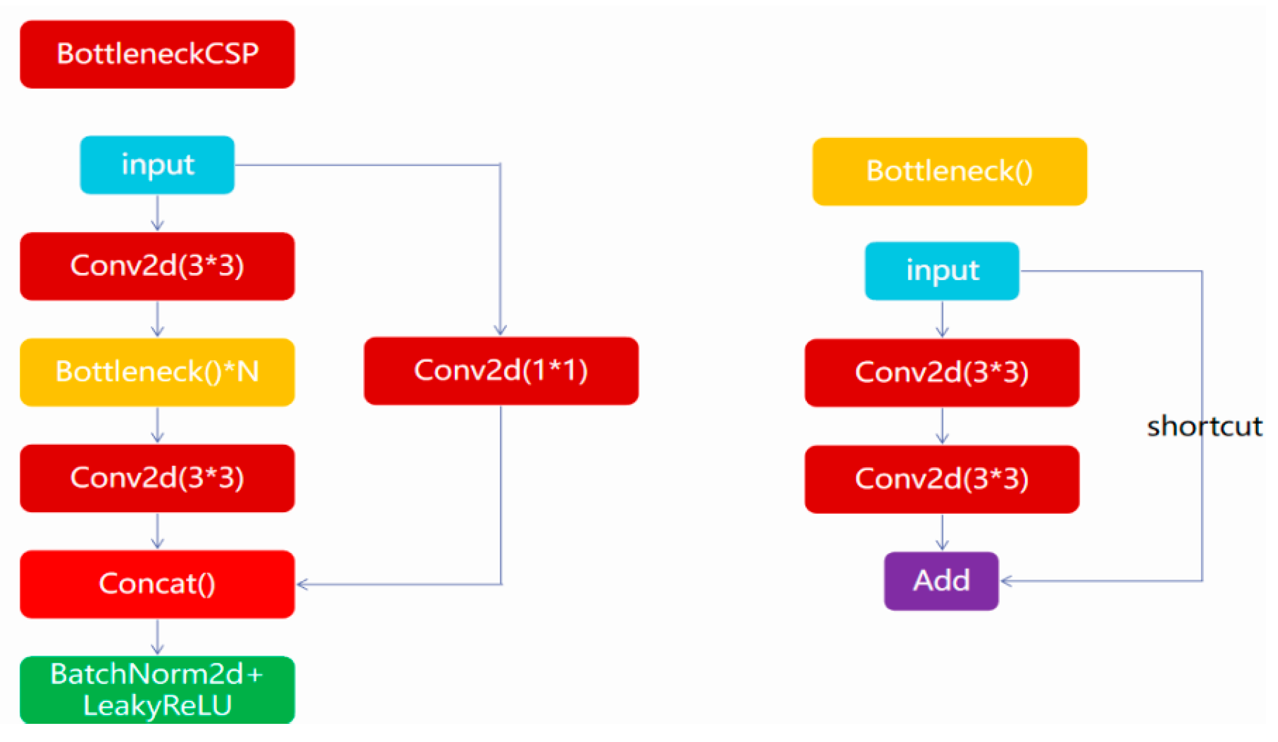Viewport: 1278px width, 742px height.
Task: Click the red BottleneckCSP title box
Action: coord(157,54)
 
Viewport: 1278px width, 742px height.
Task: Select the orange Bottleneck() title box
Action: coord(949,171)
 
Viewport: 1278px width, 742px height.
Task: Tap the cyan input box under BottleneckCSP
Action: coord(157,165)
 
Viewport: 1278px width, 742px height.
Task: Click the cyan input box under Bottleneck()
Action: coord(942,271)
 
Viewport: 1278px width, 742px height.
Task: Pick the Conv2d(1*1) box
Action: coord(501,371)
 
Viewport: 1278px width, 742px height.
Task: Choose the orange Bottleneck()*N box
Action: coord(157,372)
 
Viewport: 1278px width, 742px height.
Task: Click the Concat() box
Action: coord(157,584)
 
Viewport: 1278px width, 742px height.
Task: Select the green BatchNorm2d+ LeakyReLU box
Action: coord(157,690)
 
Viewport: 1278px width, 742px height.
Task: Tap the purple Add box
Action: coord(941,581)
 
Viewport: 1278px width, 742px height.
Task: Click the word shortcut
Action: coord(1204,426)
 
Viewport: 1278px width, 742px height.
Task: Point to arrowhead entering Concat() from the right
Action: coord(301,585)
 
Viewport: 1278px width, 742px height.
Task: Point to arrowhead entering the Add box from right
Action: coord(1005,581)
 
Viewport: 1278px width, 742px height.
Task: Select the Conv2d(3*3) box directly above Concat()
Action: coord(157,478)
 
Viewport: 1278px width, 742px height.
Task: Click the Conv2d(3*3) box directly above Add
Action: coord(942,479)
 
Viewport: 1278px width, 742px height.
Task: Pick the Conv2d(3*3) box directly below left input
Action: coord(157,266)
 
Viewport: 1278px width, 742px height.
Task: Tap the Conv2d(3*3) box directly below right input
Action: coord(942,373)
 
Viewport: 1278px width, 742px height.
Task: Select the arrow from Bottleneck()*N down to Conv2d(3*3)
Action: coord(157,425)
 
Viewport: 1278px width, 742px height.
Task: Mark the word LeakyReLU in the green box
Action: coord(157,706)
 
